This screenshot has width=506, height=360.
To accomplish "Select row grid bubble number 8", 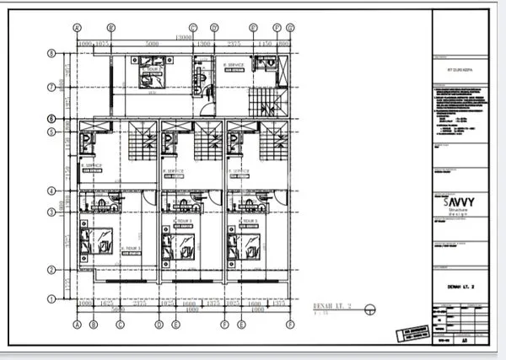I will coord(51,53).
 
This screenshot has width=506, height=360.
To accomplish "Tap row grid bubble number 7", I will coord(51,87).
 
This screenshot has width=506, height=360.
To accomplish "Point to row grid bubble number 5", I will coord(51,132).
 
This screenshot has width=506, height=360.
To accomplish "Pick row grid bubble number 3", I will coord(51,212).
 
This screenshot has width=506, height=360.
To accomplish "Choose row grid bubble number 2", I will coord(51,270).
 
